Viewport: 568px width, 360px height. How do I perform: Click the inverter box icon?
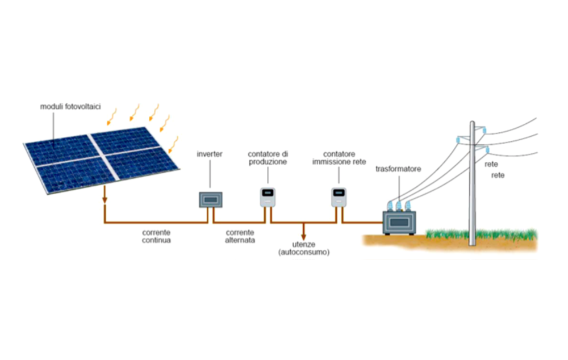click(x=211, y=199)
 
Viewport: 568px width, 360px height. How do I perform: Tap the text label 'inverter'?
click(x=210, y=154)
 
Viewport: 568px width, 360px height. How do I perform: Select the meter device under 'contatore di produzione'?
click(x=268, y=198)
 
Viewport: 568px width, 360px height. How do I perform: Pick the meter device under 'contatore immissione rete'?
click(x=339, y=198)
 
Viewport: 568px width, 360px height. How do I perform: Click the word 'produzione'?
click(x=268, y=162)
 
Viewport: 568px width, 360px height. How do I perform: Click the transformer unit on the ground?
click(x=399, y=223)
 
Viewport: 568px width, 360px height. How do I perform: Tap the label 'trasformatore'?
click(x=398, y=169)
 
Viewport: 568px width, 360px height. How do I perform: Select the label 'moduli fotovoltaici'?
click(x=70, y=107)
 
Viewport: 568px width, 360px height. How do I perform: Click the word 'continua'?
click(x=156, y=240)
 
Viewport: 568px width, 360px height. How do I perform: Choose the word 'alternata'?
click(x=240, y=240)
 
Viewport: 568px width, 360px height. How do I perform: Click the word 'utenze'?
click(x=303, y=245)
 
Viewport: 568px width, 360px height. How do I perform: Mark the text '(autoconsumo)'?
click(x=304, y=252)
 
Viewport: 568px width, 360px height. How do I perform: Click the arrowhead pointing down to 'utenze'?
click(x=303, y=237)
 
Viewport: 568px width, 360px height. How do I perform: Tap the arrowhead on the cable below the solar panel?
click(x=105, y=199)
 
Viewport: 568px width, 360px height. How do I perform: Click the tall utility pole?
click(x=472, y=183)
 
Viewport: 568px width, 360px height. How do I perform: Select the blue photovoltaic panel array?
click(x=102, y=160)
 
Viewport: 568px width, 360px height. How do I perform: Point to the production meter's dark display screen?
click(x=268, y=192)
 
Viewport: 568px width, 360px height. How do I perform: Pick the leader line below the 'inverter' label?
click(x=210, y=174)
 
